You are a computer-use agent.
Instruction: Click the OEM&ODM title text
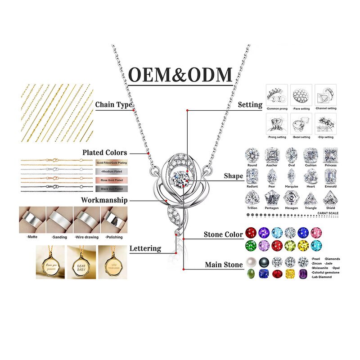pos(180,74)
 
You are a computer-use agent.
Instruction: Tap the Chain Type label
pos(114,105)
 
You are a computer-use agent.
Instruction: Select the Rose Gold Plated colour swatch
pos(112,180)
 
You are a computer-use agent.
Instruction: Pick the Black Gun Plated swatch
pos(112,189)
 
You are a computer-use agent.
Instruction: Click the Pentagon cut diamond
pos(272,197)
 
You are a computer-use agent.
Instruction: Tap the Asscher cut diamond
pos(272,155)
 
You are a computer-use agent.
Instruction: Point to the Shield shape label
pos(330,208)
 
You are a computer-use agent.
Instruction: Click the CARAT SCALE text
pos(328,213)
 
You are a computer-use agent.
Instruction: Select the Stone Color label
pos(223,234)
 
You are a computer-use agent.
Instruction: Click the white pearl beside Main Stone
pos(251,262)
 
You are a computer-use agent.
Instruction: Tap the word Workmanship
pos(104,200)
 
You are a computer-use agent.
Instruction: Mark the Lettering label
pos(145,248)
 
